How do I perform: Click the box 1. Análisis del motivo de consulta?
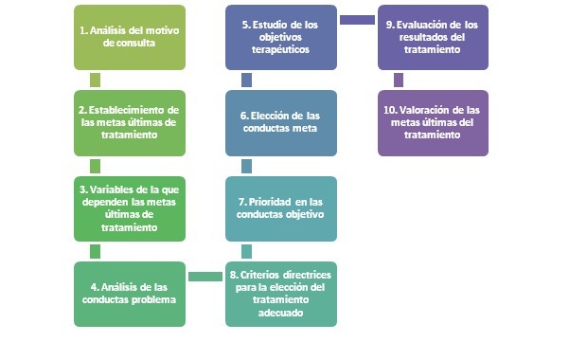(130, 37)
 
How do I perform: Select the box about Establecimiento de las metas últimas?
(130, 123)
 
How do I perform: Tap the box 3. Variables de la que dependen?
(130, 208)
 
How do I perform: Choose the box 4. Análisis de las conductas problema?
(130, 294)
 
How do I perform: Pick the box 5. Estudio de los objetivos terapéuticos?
(281, 37)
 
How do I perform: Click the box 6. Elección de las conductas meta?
(281, 123)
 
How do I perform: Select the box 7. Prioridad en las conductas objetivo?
(281, 208)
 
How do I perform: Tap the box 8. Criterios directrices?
(281, 294)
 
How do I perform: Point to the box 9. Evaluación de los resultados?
(433, 37)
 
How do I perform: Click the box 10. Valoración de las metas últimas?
(433, 123)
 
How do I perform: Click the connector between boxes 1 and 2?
(95, 81)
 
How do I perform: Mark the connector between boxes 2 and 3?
(95, 166)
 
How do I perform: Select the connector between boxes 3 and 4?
(95, 251)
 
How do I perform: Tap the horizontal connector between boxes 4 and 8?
(205, 277)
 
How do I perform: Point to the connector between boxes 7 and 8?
(246, 251)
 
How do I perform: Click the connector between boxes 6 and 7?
(246, 166)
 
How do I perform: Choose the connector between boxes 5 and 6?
(246, 81)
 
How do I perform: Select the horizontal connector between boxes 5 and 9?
(357, 20)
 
